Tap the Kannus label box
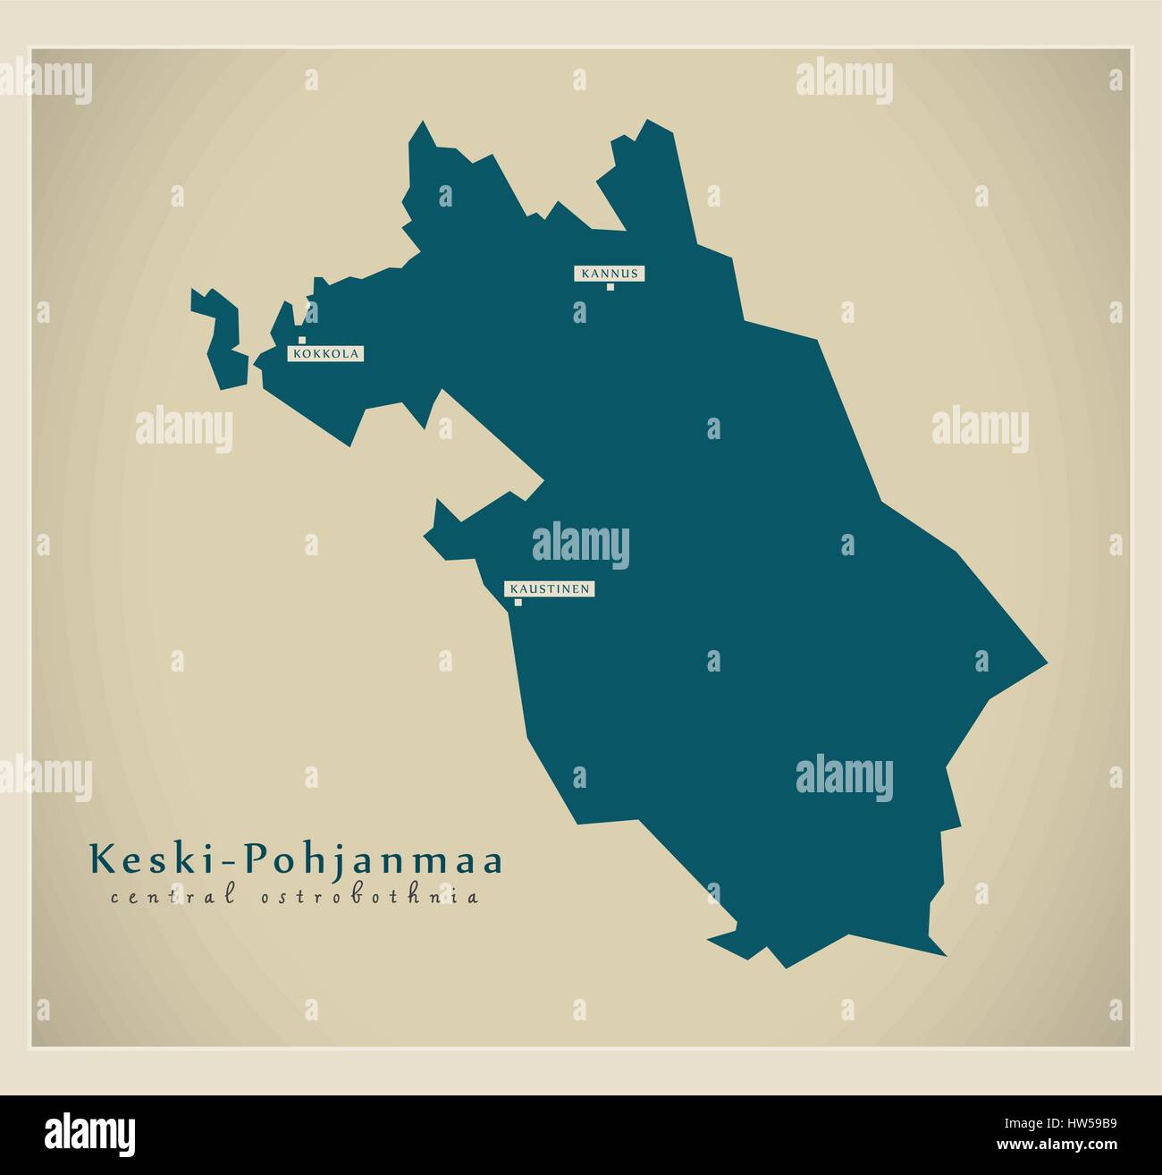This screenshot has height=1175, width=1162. point(610,274)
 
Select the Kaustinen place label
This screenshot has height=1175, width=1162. point(549,589)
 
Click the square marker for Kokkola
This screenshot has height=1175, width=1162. point(302,341)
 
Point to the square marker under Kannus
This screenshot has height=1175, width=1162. point(610,287)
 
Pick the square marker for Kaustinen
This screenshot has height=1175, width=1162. point(518,603)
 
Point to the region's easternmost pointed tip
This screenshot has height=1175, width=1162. point(1044,664)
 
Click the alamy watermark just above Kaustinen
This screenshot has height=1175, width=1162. point(581,546)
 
